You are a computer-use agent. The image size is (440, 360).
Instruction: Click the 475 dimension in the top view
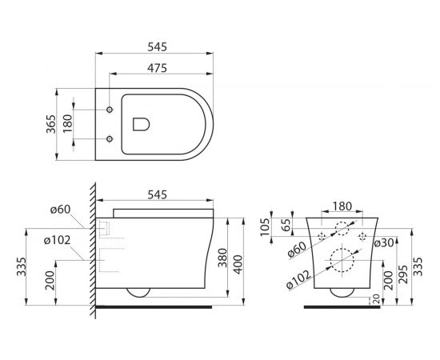pyautogui.click(x=157, y=68)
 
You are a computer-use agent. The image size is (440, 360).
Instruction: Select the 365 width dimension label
pyautogui.click(x=51, y=124)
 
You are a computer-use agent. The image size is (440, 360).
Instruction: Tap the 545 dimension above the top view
pyautogui.click(x=157, y=47)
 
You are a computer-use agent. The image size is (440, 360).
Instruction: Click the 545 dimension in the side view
pyautogui.click(x=157, y=194)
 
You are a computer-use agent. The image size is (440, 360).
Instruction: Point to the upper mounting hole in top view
pyautogui.click(x=110, y=110)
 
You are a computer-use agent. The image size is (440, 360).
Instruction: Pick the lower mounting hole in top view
pyautogui.click(x=110, y=138)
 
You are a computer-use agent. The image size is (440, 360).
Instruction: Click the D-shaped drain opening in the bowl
pyautogui.click(x=141, y=124)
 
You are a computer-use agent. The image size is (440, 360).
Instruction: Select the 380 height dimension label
pyautogui.click(x=222, y=258)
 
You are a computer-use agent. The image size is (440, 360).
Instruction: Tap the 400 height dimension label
pyautogui.click(x=238, y=264)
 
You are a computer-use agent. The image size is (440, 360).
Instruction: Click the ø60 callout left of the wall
pyautogui.click(x=60, y=210)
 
